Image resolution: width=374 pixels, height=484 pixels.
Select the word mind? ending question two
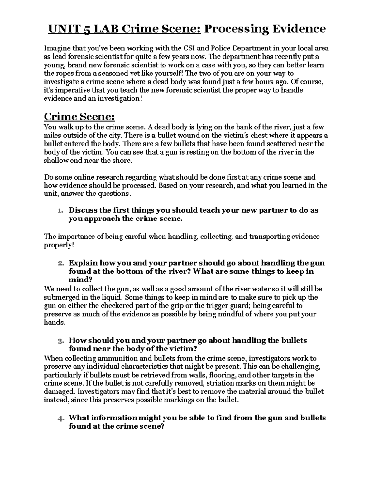(80, 280)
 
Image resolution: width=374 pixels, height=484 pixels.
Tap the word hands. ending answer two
(55, 323)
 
